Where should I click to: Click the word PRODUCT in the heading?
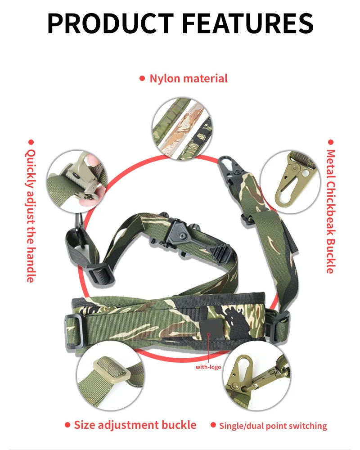coord(111,23)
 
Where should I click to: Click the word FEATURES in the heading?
coord(247,23)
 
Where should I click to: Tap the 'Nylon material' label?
coord(189,79)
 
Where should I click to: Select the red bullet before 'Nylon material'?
coord(142,78)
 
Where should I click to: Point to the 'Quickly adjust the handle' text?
coord(31,216)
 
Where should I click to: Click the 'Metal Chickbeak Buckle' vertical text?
coord(331,211)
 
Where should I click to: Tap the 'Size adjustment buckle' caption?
coord(135,425)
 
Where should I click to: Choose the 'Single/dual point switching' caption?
coord(273,426)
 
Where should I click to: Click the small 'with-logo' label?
coord(208,367)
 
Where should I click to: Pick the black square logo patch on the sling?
coord(211,330)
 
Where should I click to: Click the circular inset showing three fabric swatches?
coord(182,128)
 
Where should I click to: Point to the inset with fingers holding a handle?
coord(77,181)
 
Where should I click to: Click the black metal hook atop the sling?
coord(230,170)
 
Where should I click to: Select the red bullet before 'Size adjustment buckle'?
coord(67,425)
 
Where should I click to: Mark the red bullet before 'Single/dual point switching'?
coord(213,425)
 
